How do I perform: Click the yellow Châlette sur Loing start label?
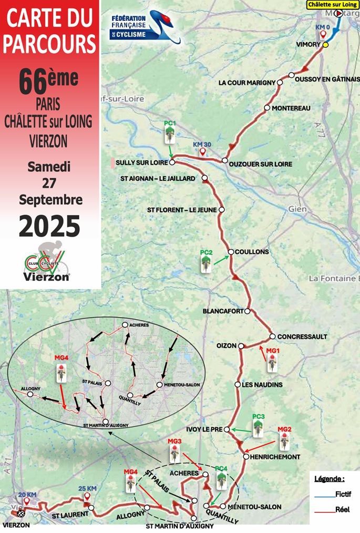(332, 4)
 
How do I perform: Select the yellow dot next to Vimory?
(325, 45)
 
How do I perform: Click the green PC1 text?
(169, 124)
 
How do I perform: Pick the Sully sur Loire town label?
(141, 163)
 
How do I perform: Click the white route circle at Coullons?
(230, 252)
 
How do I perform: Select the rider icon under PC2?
(206, 264)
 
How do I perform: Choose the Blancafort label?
(223, 311)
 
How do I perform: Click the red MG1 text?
(272, 350)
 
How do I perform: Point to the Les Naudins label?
(262, 385)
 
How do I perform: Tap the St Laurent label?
(69, 516)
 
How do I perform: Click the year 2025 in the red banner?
(49, 227)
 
